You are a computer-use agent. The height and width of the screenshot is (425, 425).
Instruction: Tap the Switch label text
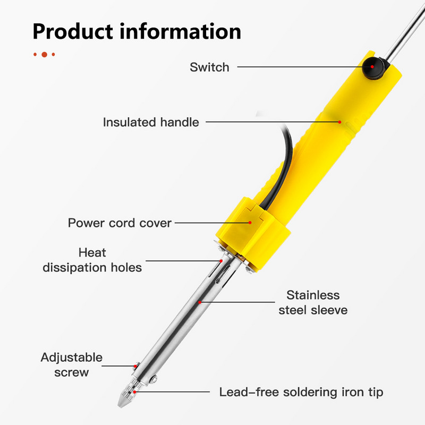pyautogui.click(x=209, y=67)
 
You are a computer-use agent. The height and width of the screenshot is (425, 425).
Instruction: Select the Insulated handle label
pyautogui.click(x=151, y=122)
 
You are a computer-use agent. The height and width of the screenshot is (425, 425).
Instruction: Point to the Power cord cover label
pyautogui.click(x=120, y=223)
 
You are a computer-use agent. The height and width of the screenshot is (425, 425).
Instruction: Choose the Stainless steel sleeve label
pyautogui.click(x=313, y=302)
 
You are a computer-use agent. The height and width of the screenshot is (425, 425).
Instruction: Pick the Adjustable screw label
pyautogui.click(x=71, y=364)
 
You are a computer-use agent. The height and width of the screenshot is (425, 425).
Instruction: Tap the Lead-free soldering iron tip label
pyautogui.click(x=301, y=393)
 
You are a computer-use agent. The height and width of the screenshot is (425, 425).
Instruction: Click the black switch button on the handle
pyautogui.click(x=373, y=69)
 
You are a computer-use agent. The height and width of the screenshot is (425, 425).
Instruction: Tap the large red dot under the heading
pyautogui.click(x=45, y=54)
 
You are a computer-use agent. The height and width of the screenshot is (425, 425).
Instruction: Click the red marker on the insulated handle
pyautogui.click(x=339, y=122)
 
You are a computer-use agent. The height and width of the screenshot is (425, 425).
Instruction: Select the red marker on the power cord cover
pyautogui.click(x=250, y=223)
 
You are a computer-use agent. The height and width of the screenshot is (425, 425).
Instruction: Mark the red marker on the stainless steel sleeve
pyautogui.click(x=200, y=302)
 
